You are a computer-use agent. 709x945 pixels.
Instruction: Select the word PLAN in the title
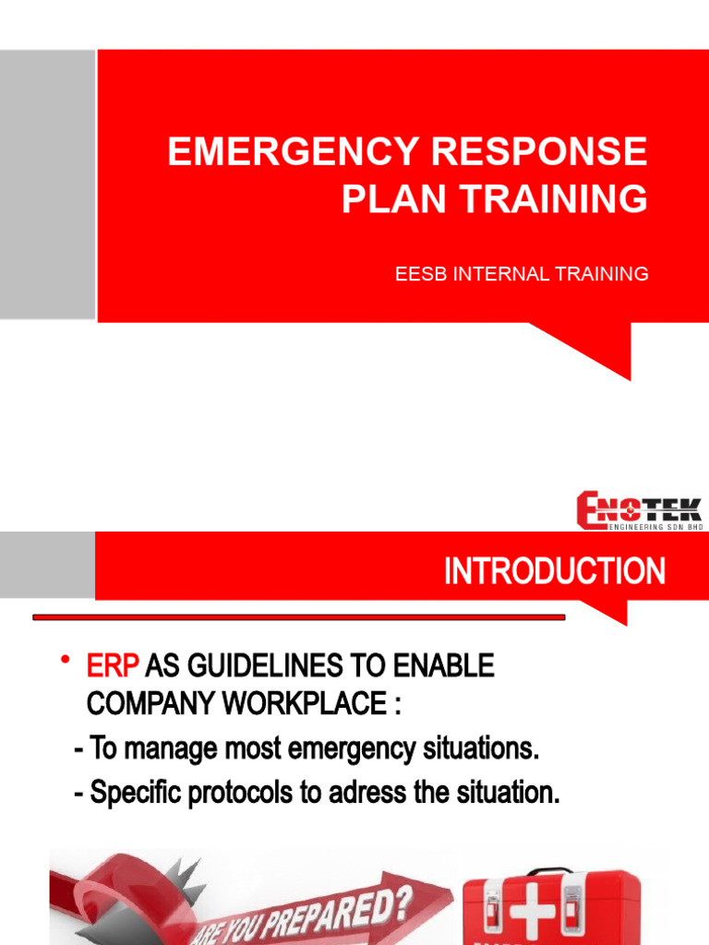click(x=386, y=200)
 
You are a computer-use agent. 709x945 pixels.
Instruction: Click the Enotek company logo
click(x=640, y=509)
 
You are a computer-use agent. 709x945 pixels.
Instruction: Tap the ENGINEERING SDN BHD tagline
click(x=655, y=526)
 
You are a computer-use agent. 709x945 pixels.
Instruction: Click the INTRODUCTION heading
click(x=554, y=572)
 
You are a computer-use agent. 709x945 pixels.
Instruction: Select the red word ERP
click(x=113, y=666)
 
